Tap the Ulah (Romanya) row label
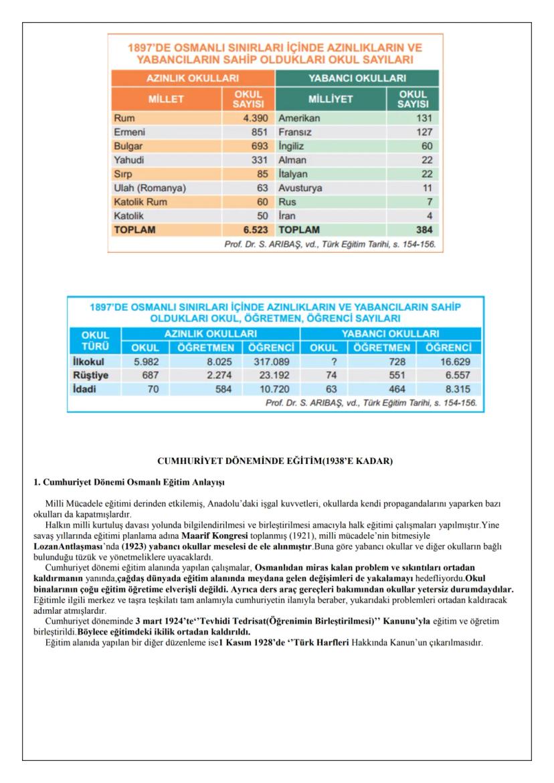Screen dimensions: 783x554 click(149, 188)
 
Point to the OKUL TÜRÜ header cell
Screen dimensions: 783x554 click(94, 340)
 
